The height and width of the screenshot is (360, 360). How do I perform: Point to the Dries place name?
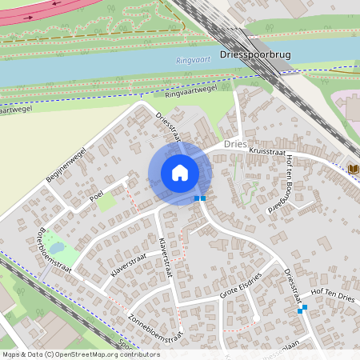tap(236, 144)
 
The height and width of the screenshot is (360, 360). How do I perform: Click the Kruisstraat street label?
tap(267, 150)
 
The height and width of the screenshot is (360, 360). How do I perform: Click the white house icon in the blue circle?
tap(180, 173)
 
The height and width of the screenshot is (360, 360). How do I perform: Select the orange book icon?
tap(354, 169)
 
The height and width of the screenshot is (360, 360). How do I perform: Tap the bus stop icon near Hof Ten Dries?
tap(302, 308)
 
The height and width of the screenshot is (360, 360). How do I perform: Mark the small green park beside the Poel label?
tap(106, 203)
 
